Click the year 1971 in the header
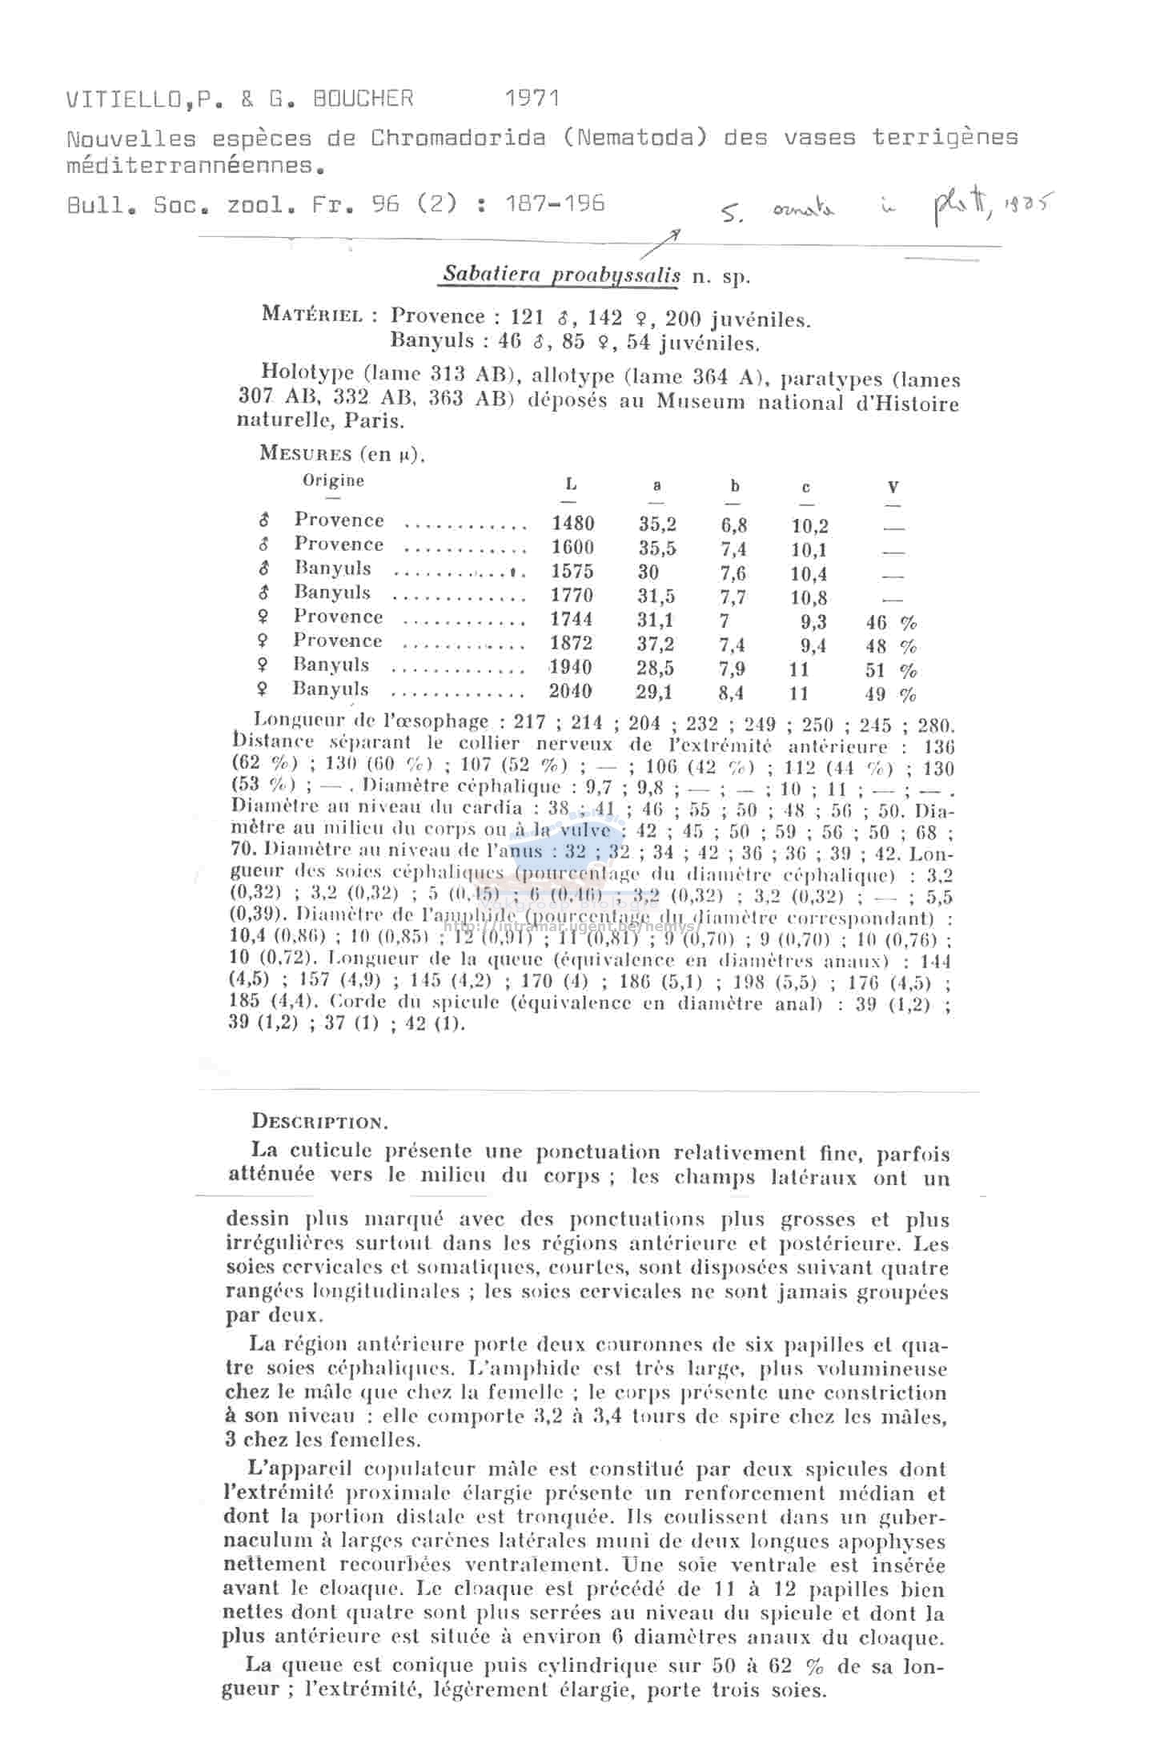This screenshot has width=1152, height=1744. (532, 98)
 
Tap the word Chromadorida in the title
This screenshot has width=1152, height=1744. (458, 138)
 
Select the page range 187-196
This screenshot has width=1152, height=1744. (555, 204)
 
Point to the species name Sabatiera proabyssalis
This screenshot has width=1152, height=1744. (561, 275)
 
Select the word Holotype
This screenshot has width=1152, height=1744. (307, 372)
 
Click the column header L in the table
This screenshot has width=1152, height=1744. (571, 484)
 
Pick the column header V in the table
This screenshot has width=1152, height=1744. (893, 486)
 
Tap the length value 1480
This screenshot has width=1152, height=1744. (572, 524)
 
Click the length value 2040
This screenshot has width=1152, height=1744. (572, 691)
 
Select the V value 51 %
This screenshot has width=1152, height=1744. (890, 670)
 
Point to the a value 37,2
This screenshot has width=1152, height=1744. (656, 645)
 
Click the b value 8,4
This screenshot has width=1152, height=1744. (732, 693)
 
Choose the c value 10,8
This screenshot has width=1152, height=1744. (809, 597)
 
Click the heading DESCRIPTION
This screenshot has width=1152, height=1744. (320, 1122)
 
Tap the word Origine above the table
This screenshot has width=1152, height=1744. (333, 480)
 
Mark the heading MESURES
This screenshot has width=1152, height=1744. (306, 453)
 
